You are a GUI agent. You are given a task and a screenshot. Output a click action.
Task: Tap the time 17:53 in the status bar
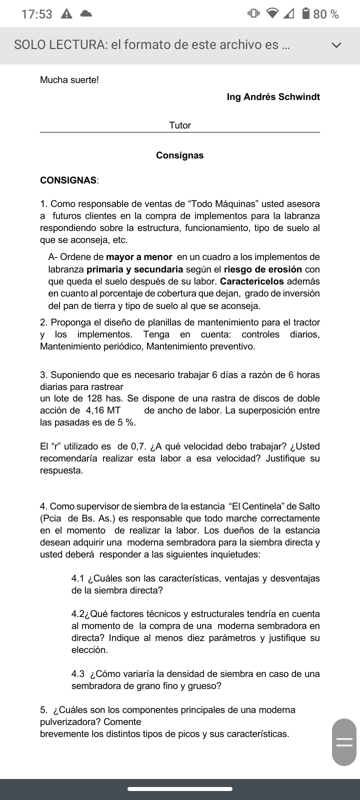point(36,14)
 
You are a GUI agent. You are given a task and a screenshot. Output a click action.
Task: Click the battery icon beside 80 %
point(306,14)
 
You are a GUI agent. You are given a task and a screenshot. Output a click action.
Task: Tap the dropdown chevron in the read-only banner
point(336,45)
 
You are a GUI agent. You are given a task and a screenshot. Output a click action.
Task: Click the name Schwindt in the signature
point(299,96)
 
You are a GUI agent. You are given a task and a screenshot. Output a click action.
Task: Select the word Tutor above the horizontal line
point(180,125)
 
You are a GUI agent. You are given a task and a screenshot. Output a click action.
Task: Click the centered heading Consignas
point(180,155)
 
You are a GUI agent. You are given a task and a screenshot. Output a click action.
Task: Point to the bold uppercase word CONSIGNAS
point(68,180)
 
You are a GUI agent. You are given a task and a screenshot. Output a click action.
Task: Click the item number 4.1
point(77,578)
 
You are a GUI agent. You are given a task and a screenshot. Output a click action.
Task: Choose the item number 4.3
point(77,673)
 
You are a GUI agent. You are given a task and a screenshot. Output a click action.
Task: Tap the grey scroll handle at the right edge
point(344,742)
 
